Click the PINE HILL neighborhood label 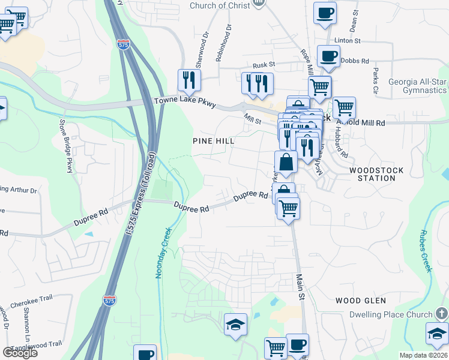[x=213, y=140]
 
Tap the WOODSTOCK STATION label [x=376, y=174]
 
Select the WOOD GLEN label [x=361, y=300]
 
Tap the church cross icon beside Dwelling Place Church [x=441, y=314]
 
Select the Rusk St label [x=264, y=65]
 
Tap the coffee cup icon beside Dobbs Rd [x=328, y=56]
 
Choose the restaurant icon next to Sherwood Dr [x=189, y=80]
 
